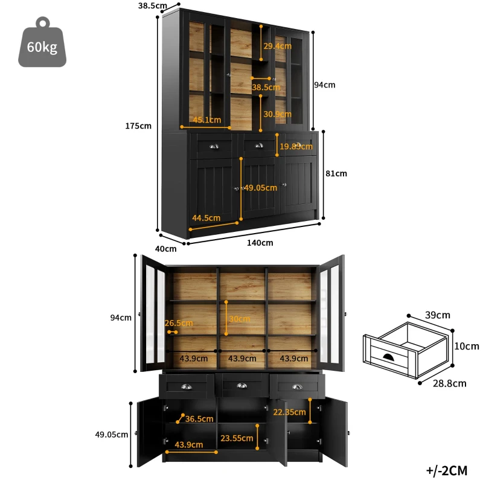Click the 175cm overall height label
138,126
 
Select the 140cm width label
260,243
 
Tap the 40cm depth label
166,248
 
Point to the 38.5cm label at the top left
152,5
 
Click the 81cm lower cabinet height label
336,173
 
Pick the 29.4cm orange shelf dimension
277,45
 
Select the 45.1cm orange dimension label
207,120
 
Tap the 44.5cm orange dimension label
206,217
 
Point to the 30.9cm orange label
277,114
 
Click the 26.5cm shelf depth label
179,323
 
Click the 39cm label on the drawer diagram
437,315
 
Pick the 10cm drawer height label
467,346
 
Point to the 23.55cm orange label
235,438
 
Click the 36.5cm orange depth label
199,418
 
